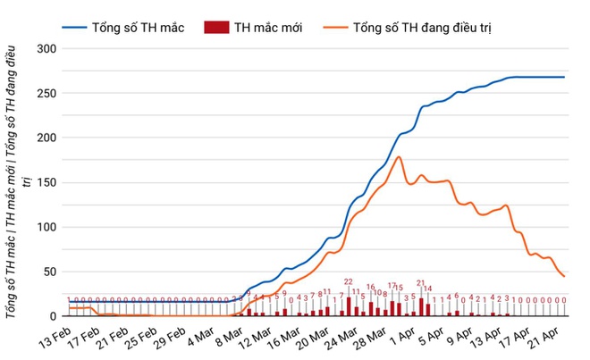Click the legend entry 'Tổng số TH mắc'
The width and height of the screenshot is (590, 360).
pos(138,28)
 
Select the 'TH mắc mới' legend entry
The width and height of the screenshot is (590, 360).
pos(268,28)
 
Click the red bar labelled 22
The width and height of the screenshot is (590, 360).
pos(349,306)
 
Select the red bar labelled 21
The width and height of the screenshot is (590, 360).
pos(421,307)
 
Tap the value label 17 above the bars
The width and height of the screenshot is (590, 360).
pos(392,286)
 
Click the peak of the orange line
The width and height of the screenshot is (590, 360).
pos(399,157)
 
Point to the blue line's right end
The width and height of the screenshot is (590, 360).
pos(564,77)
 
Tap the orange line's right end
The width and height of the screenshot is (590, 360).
pos(564,276)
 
